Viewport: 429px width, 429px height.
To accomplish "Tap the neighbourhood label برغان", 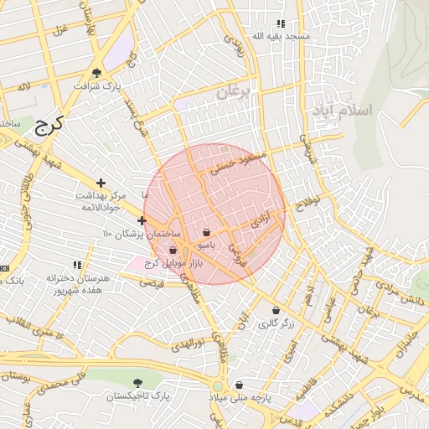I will [x=233, y=93].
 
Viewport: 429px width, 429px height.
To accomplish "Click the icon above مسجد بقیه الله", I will [x=281, y=23].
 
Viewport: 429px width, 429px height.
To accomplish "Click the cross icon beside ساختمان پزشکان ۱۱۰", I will [x=142, y=221].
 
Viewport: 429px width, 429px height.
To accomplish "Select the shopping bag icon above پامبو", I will [x=207, y=232].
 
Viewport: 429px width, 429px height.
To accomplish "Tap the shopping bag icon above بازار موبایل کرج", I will [x=173, y=250].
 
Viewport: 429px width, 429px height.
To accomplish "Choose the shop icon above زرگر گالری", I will [x=276, y=310].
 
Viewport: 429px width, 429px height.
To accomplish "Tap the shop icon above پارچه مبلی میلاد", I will [x=239, y=385].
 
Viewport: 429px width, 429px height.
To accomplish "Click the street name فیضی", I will [x=152, y=283].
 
